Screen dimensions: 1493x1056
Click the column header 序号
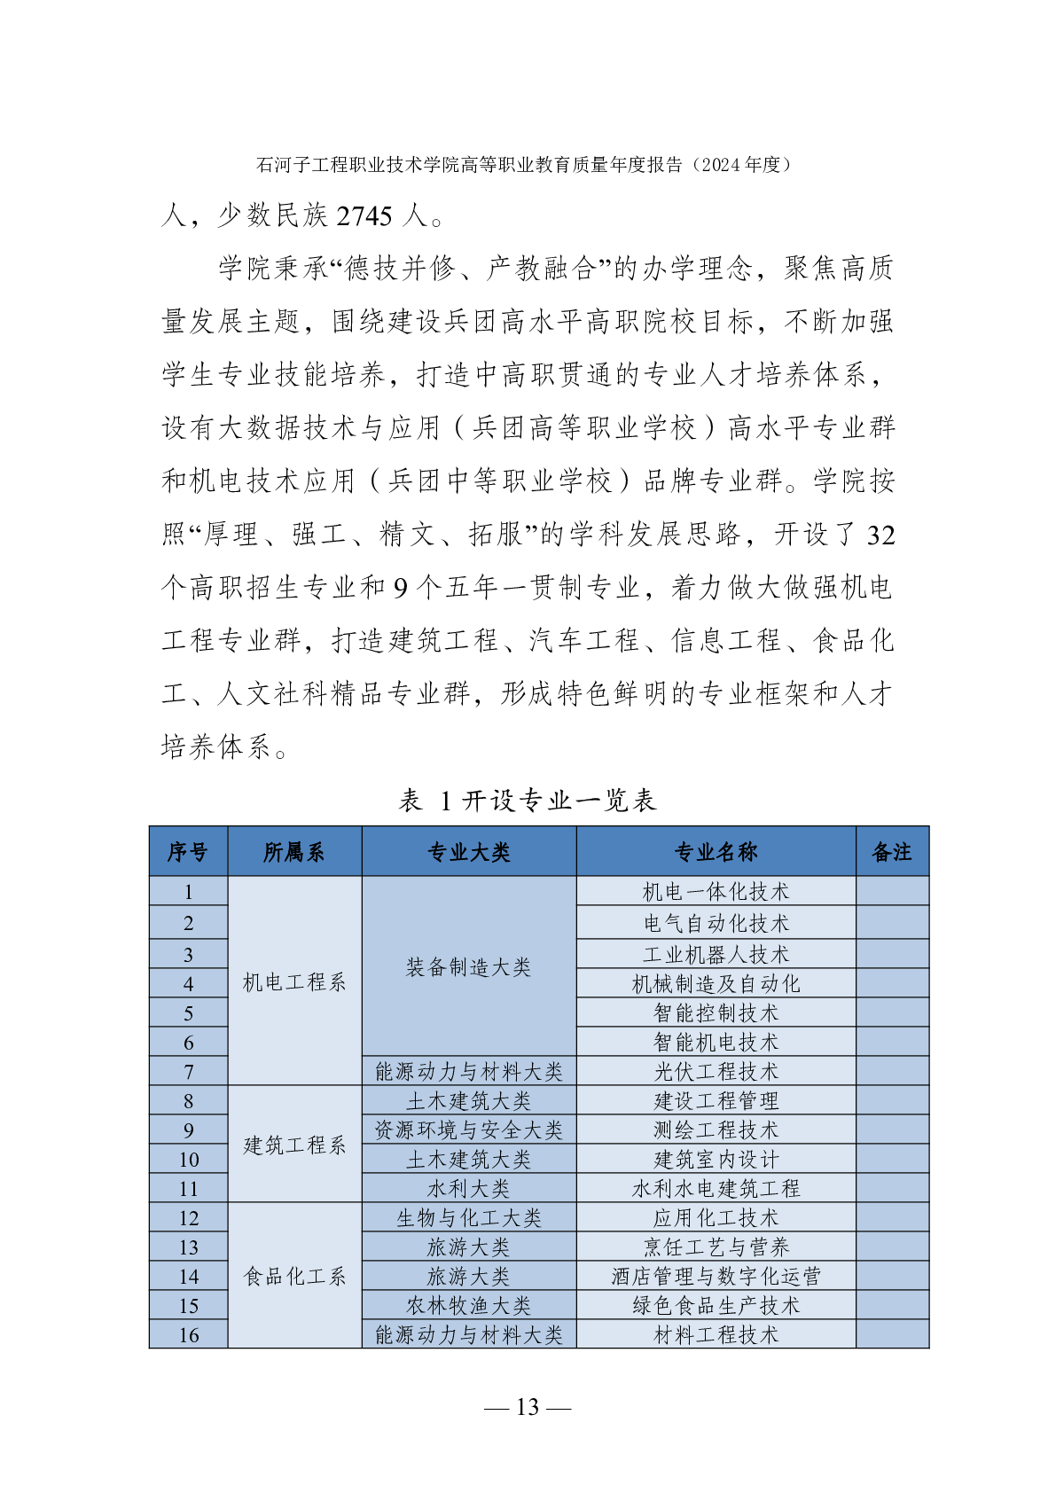coord(188,852)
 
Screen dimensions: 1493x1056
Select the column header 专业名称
coord(716,852)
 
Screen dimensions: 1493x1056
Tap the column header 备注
coord(892,852)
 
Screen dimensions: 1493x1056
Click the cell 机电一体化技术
coord(716,892)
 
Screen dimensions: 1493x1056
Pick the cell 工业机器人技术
coord(716,955)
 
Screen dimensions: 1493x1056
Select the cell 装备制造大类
coord(468,967)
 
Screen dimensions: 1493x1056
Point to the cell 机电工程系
coord(294,982)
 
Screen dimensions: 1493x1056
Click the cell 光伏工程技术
coord(716,1072)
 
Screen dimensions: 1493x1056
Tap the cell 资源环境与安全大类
coord(468,1130)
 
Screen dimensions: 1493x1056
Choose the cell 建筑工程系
coord(294,1145)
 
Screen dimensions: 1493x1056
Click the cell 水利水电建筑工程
coord(716,1189)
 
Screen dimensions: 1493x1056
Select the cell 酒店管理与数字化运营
coord(716,1277)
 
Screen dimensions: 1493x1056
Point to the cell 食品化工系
coord(294,1277)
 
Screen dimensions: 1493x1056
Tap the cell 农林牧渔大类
coord(468,1306)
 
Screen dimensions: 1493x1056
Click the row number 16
coord(189,1335)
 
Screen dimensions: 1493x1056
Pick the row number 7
coord(189,1072)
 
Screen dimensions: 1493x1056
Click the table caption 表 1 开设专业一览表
coord(528,801)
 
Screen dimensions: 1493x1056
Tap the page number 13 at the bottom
coord(528,1407)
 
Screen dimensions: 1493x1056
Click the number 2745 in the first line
coord(364,215)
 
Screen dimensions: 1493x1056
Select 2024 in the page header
coord(721,165)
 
